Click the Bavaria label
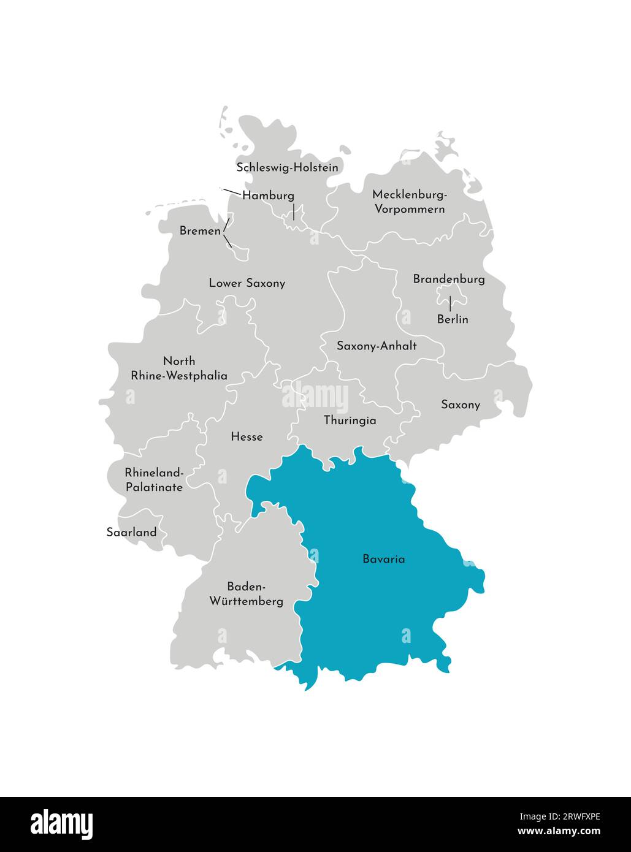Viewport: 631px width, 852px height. click(x=383, y=559)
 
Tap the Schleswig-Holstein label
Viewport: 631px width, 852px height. click(x=287, y=167)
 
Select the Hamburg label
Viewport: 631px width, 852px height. click(x=268, y=196)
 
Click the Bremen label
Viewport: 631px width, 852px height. click(x=200, y=231)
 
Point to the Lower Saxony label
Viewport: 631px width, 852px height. click(x=247, y=283)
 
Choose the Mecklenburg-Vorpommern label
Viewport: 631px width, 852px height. click(x=410, y=202)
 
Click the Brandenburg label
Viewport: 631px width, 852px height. click(x=449, y=279)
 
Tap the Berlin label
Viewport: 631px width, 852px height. click(x=453, y=319)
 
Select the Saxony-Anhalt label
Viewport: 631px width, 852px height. click(x=377, y=346)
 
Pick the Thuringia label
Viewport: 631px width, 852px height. click(x=350, y=420)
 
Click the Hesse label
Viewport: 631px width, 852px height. click(x=247, y=437)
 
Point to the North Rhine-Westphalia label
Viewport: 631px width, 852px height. click(x=179, y=368)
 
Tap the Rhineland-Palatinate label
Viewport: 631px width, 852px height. click(x=154, y=480)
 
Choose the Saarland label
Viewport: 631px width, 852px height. click(x=131, y=532)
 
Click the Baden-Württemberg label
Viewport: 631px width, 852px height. click(x=247, y=593)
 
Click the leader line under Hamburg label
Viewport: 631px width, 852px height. click(x=294, y=212)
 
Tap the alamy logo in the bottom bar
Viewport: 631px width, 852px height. click(x=62, y=824)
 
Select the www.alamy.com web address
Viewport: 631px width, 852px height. click(x=559, y=832)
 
